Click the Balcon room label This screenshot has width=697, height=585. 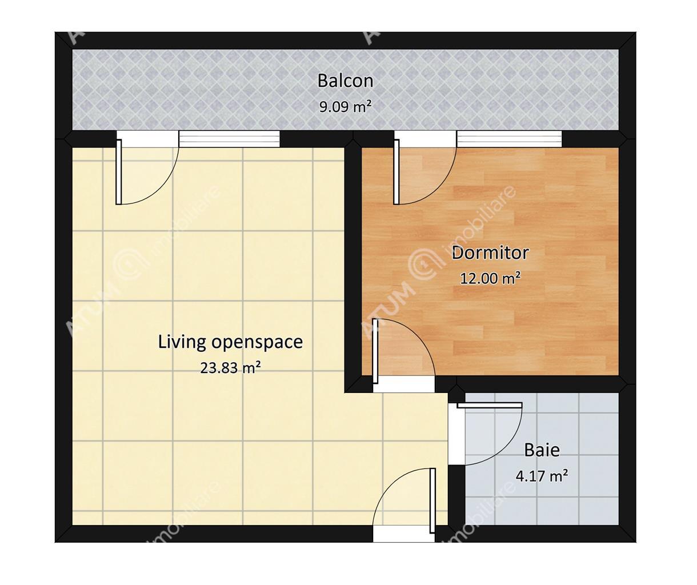[345, 81]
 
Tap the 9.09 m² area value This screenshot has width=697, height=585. [345, 107]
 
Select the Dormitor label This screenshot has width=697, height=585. [490, 253]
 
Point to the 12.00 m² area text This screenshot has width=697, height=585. [490, 278]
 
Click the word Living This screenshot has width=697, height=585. [182, 343]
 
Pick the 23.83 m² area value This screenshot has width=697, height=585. [230, 368]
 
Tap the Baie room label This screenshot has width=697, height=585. [542, 450]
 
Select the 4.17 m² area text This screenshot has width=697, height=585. [542, 476]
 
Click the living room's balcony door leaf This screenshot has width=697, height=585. [118, 172]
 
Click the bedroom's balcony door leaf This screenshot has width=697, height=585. [396, 172]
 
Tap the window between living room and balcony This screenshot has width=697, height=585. [229, 139]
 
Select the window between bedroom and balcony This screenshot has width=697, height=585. [509, 139]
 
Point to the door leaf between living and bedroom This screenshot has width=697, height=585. [375, 351]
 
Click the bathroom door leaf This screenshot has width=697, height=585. [490, 406]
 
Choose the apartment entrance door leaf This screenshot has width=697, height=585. [433, 500]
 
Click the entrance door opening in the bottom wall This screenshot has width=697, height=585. [404, 534]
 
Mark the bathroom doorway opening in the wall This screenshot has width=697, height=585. [456, 434]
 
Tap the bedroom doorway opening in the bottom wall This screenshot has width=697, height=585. [404, 384]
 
